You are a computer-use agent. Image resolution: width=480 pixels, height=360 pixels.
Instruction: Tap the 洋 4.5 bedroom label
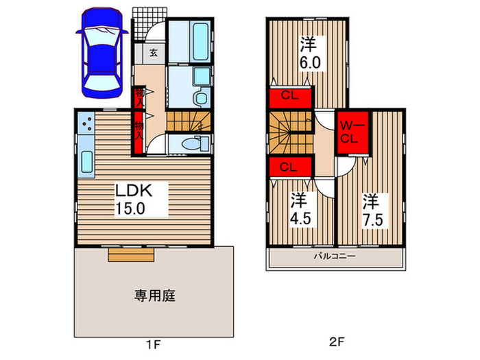[297, 209]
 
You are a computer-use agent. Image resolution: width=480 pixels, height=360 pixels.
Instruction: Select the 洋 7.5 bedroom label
[372, 209]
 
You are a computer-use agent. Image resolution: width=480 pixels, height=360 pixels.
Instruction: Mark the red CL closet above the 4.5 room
[288, 167]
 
